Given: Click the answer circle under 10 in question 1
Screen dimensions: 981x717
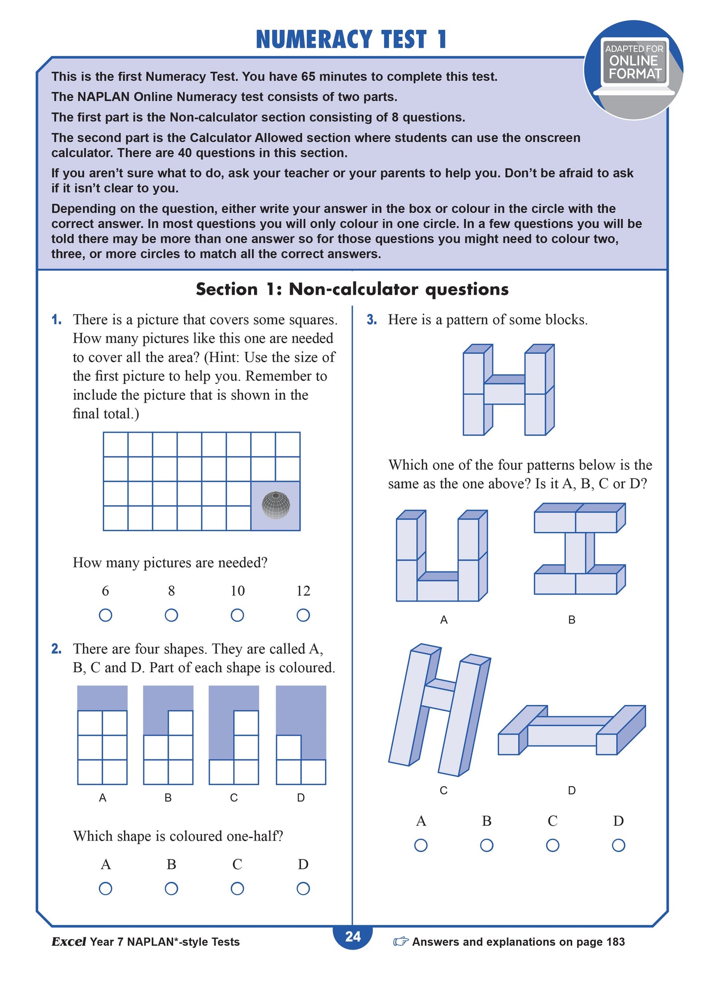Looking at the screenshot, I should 237,615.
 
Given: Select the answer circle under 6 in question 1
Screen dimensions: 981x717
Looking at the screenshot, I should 105,615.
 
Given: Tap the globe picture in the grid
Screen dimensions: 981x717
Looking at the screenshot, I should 276,505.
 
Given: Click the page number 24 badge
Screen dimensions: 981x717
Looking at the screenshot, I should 353,936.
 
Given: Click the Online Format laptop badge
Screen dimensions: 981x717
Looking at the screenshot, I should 634,67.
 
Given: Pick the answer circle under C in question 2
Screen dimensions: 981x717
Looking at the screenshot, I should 237,888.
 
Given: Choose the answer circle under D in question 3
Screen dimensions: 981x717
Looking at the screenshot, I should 618,845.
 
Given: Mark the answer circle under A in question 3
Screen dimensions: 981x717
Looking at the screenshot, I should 421,845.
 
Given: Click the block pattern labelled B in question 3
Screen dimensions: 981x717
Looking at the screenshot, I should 579,549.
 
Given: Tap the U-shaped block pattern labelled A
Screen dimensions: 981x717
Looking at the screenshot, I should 442,556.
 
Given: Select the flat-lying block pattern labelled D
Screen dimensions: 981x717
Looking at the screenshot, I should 572,731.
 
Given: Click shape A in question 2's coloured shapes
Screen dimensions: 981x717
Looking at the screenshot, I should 103,735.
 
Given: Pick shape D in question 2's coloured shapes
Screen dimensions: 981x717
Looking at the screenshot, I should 301,735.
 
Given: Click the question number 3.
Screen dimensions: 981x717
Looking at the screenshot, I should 372,320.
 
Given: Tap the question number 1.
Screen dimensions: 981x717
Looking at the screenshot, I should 57,320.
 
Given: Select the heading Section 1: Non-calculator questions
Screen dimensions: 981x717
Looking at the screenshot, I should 352,289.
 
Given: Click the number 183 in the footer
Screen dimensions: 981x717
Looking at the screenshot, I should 615,942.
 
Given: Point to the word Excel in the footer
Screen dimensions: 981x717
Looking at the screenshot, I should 68,942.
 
